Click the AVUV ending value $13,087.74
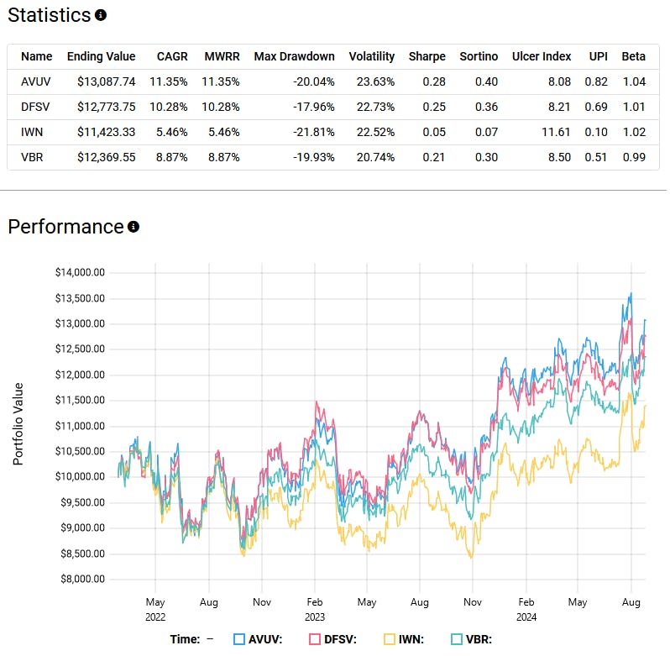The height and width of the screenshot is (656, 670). (101, 81)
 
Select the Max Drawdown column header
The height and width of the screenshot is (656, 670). (294, 56)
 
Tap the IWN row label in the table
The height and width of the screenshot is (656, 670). (32, 132)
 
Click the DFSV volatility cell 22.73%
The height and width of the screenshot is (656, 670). (372, 107)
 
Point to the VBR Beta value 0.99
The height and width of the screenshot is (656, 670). (633, 157)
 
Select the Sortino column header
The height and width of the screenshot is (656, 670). (479, 56)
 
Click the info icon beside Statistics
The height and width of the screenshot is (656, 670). (101, 15)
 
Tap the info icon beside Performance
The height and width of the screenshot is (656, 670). (133, 227)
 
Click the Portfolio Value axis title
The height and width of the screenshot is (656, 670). (18, 425)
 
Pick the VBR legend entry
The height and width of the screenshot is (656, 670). (475, 638)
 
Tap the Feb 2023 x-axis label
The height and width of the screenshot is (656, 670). (315, 609)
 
